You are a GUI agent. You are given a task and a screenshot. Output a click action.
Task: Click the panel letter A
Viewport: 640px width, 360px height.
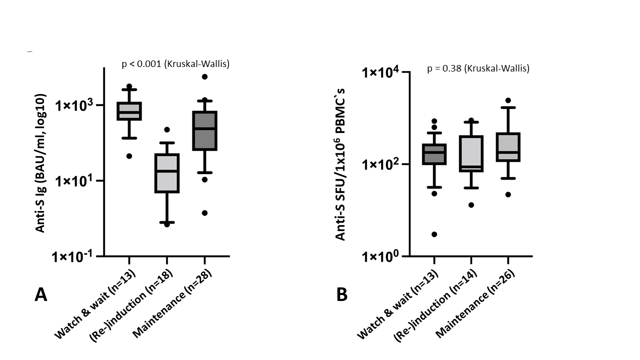[41, 295]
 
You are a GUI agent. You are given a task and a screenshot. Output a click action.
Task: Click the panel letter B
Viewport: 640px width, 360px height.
[342, 295]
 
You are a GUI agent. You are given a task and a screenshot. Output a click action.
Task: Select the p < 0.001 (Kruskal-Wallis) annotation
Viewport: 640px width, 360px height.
[175, 64]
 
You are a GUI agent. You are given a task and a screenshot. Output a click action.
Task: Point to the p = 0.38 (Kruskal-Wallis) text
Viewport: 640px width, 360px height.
[478, 68]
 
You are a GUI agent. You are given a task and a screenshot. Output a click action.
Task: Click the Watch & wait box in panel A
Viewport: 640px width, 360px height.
[129, 111]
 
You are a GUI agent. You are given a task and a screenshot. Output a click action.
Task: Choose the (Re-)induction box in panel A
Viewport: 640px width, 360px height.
[166, 172]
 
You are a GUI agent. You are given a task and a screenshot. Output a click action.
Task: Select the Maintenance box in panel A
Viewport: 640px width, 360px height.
[204, 130]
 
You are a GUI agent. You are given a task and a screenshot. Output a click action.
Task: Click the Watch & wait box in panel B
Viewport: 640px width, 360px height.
[434, 154]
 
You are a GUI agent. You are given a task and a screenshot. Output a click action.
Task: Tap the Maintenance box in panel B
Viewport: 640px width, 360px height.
[508, 147]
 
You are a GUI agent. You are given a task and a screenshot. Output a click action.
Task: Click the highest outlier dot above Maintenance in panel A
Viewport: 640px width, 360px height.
[204, 76]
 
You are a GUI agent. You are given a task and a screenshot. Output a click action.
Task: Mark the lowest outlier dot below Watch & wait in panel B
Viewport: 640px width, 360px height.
[434, 234]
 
